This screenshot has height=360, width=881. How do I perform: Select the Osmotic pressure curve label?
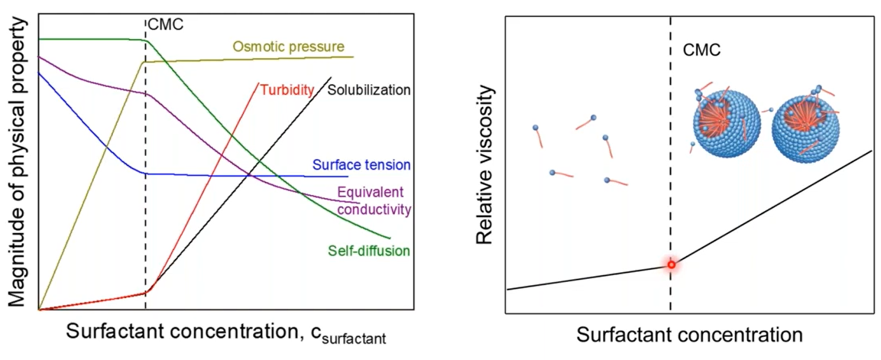point(289,47)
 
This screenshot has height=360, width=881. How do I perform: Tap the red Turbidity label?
point(287,89)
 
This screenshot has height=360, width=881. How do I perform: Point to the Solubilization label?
point(369,89)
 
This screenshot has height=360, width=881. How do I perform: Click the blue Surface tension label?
point(362,165)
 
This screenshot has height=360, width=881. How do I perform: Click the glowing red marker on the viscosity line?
point(671,265)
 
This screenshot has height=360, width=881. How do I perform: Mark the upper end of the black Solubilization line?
point(330,77)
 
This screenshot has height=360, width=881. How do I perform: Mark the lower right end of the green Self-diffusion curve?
point(390,238)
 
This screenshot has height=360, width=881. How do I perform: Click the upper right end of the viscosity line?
point(872,151)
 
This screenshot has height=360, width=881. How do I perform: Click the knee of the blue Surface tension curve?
point(145,174)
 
